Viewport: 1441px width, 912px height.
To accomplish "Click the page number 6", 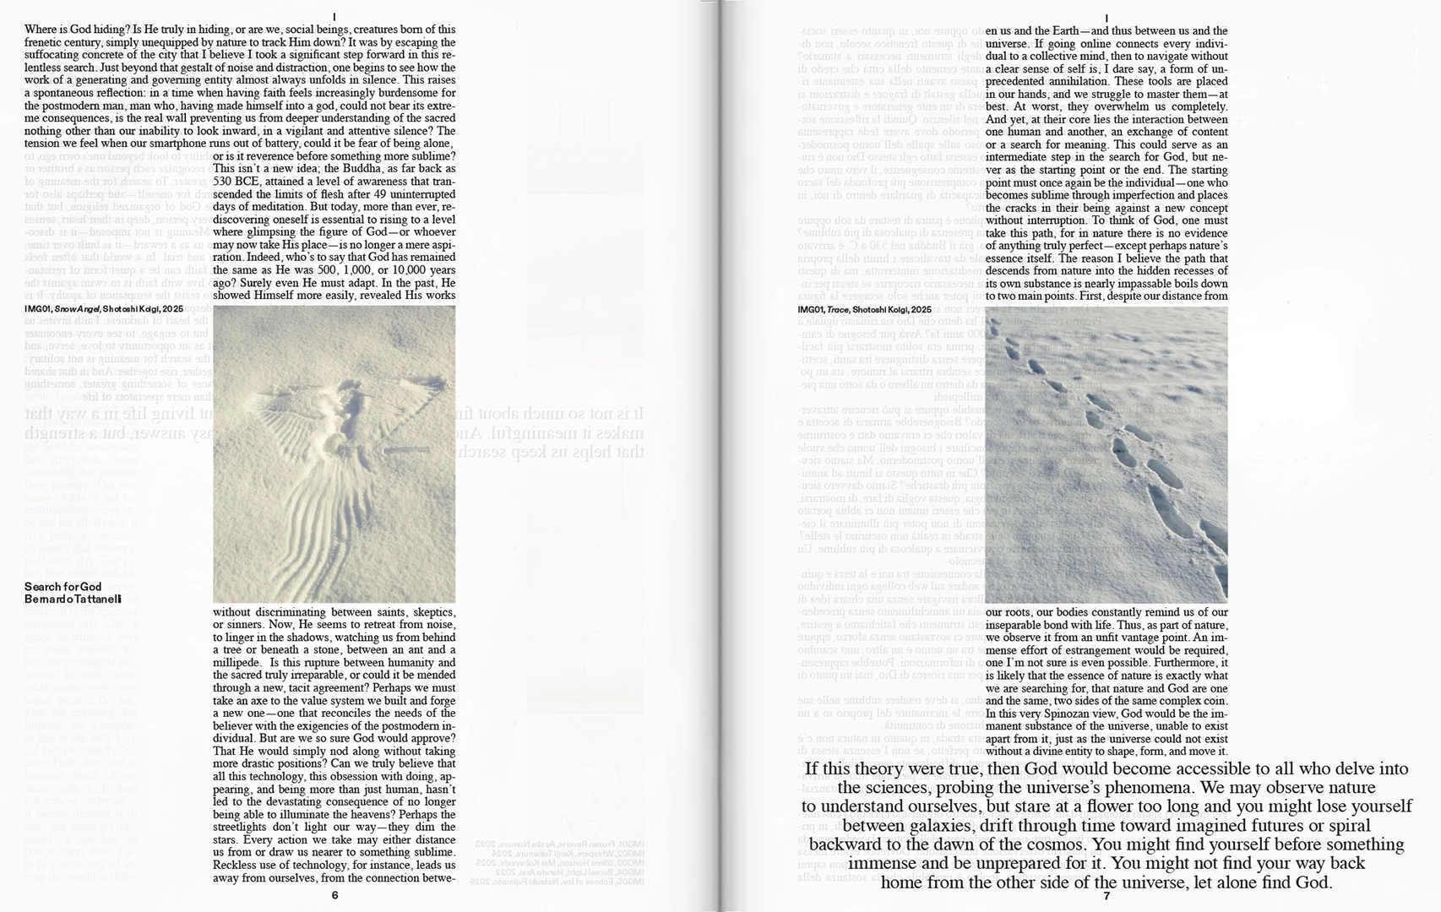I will click(334, 895).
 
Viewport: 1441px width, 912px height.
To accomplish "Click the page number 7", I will click(1107, 895).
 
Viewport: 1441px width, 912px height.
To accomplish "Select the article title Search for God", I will click(63, 586).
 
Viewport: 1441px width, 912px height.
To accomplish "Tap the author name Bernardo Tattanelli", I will click(73, 599).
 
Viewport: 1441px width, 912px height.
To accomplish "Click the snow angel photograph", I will click(334, 454).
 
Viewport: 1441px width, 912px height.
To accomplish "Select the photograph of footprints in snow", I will click(1107, 454).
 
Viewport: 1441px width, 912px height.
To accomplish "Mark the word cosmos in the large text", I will click(1040, 844).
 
